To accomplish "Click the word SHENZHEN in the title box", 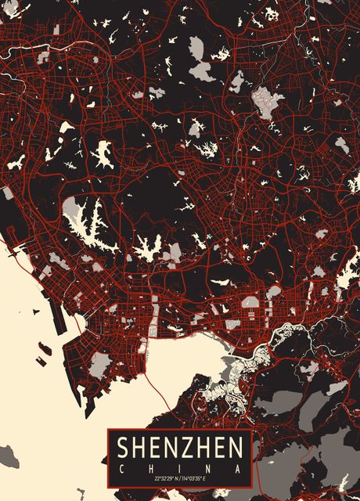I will point(179,449).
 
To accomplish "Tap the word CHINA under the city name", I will point(179,468).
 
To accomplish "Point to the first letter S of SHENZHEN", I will point(123,449).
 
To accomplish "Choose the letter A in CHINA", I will point(238,468).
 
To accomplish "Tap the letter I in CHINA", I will point(179,468).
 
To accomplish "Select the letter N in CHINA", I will point(208,468).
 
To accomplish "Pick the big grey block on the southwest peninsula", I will point(99,365).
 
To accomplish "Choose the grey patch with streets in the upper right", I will point(268,100).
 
